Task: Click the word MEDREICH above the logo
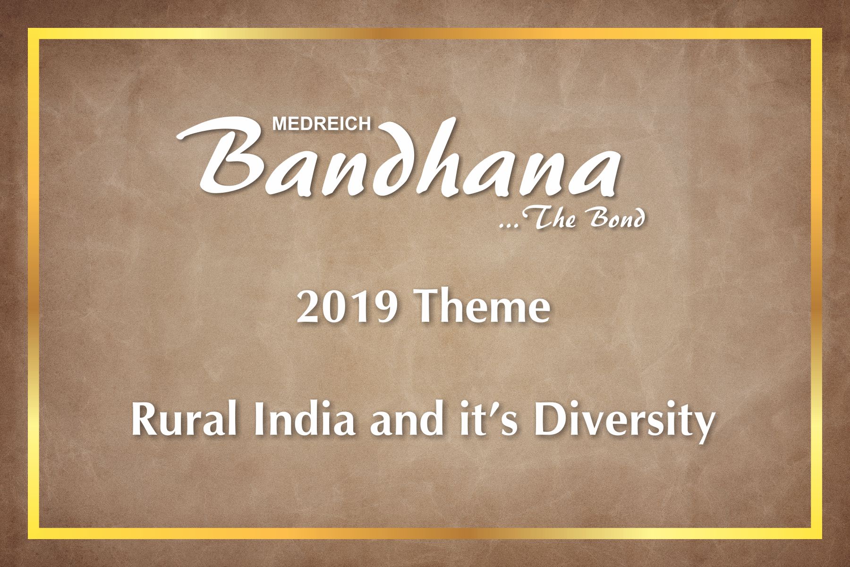coord(322,124)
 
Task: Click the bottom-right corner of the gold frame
coord(821,538)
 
